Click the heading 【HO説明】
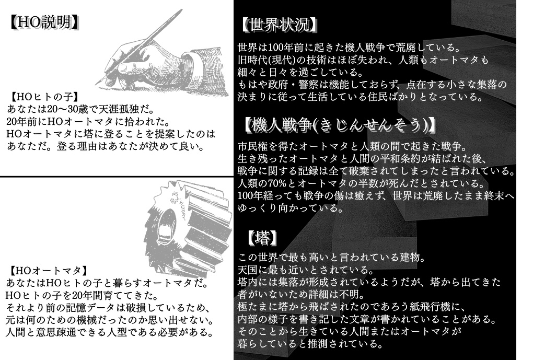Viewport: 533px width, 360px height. coord(45,22)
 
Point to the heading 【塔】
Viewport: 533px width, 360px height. coord(262,238)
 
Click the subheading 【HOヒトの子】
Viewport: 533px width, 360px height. coord(44,97)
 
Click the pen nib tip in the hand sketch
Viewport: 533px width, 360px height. coord(98,82)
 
